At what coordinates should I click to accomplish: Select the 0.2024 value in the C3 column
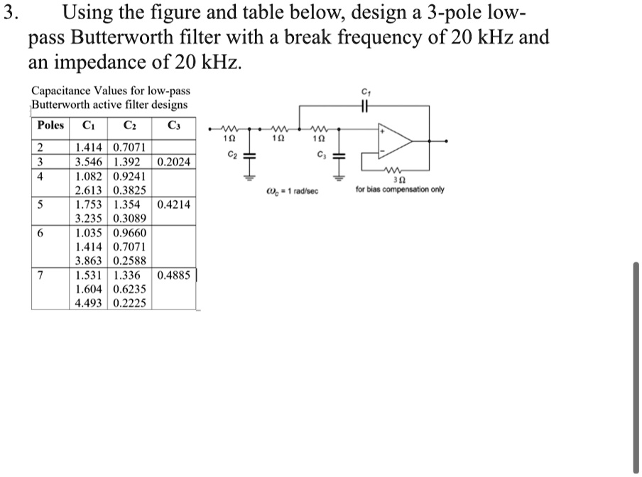point(173,162)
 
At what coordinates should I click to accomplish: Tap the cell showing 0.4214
point(173,204)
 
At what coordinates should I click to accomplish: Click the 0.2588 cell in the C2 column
point(130,261)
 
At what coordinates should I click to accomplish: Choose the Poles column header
point(50,126)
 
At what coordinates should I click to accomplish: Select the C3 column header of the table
point(174,126)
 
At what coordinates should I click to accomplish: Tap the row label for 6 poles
point(41,233)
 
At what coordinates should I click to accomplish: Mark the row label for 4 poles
point(41,176)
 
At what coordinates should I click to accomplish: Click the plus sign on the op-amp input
point(383,132)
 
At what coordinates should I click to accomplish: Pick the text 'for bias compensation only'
point(400,190)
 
